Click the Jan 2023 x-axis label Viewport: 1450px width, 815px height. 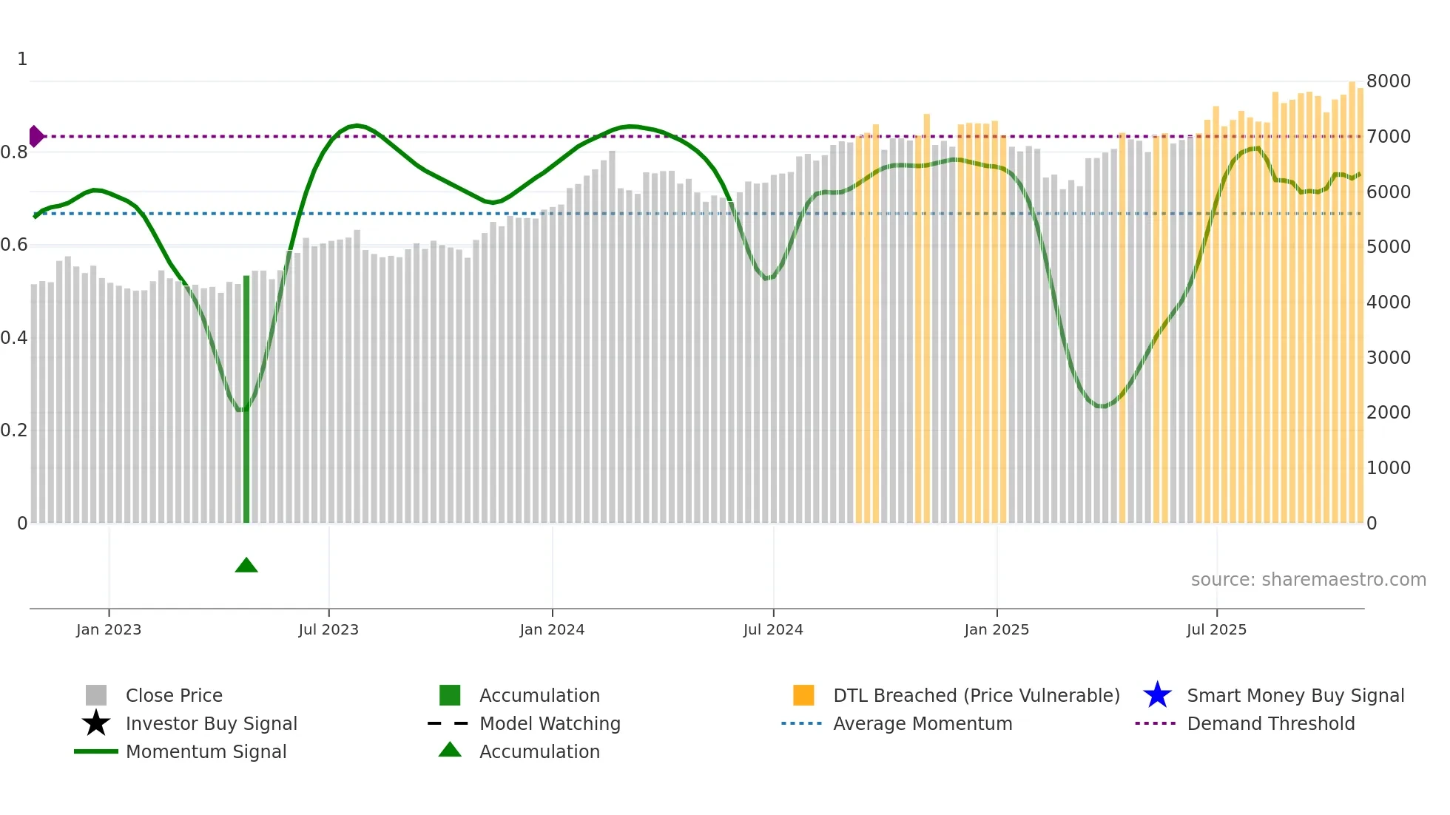tap(109, 629)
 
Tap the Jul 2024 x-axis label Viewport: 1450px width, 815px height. tap(773, 629)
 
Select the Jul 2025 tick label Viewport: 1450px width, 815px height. tap(1216, 629)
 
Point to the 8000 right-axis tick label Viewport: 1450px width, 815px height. tap(1389, 81)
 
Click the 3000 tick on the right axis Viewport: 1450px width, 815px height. tap(1389, 358)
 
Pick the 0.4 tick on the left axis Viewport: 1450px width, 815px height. tap(14, 338)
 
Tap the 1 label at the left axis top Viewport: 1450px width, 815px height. tap(22, 59)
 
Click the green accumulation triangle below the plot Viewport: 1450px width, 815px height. tap(246, 566)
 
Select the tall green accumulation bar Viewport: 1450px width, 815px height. tap(246, 399)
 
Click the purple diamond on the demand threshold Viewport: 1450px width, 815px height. tap(36, 137)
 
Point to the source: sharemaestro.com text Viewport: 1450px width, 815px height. tap(1308, 580)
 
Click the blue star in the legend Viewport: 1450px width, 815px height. tap(1157, 695)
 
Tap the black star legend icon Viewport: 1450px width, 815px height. tap(96, 723)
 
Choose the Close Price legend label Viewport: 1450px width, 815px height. tap(174, 696)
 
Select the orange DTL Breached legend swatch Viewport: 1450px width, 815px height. tap(803, 695)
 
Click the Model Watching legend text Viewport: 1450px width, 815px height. tap(550, 724)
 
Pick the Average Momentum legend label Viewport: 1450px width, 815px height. tap(923, 724)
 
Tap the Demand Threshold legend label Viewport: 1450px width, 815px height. tap(1271, 724)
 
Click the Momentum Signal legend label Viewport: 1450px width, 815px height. tap(206, 752)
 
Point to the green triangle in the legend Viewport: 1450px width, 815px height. tap(450, 750)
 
